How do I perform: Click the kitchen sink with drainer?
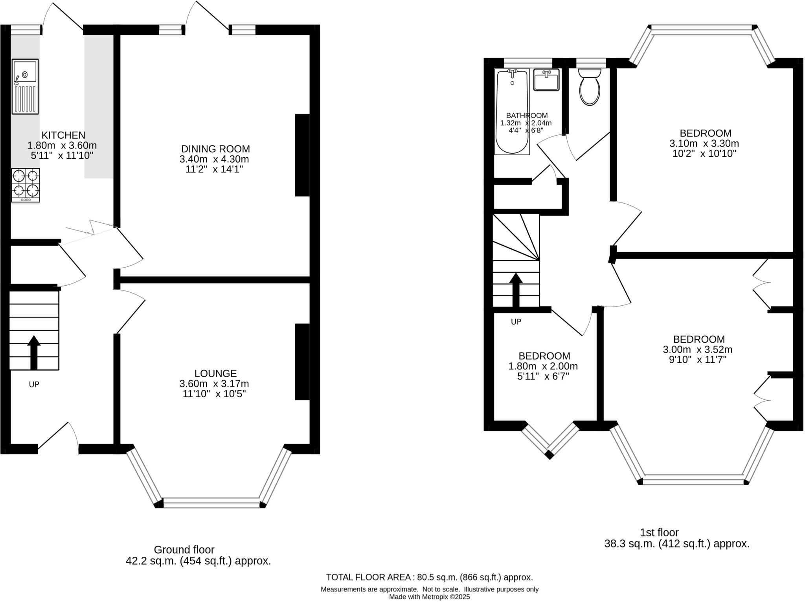tap(25, 86)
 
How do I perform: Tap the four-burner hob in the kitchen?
tap(26, 184)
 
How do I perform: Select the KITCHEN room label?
tap(63, 135)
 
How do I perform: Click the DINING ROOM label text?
tap(215, 149)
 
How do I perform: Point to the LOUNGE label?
tap(215, 373)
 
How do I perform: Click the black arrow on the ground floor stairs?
tap(34, 352)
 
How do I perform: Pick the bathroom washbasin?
tap(546, 80)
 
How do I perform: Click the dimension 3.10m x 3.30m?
tap(704, 143)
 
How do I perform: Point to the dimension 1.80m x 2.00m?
tap(543, 366)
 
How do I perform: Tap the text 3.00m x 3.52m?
tap(698, 349)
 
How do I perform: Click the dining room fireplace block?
tap(302, 155)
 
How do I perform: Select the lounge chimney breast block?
tap(302, 362)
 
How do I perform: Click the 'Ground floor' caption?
tap(184, 549)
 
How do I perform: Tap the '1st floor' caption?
tap(659, 532)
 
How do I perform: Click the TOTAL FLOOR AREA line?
tap(429, 577)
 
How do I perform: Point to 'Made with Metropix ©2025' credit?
tap(429, 597)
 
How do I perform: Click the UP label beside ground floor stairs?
tap(34, 384)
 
